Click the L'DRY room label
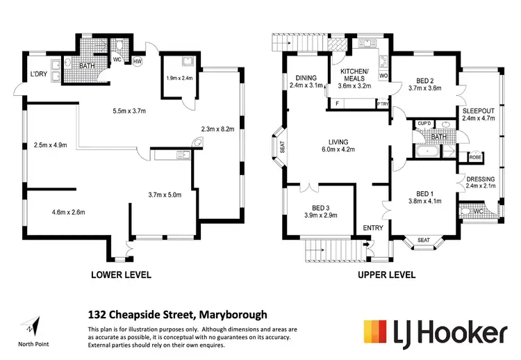[x=37, y=74]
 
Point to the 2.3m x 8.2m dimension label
[x=216, y=129]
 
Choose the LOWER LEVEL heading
[x=121, y=275]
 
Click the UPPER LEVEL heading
[x=386, y=275]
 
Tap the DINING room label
[x=306, y=78]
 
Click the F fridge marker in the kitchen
[x=337, y=104]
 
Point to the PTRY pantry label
[x=382, y=104]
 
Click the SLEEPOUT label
[x=478, y=111]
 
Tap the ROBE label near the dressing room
[x=475, y=157]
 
